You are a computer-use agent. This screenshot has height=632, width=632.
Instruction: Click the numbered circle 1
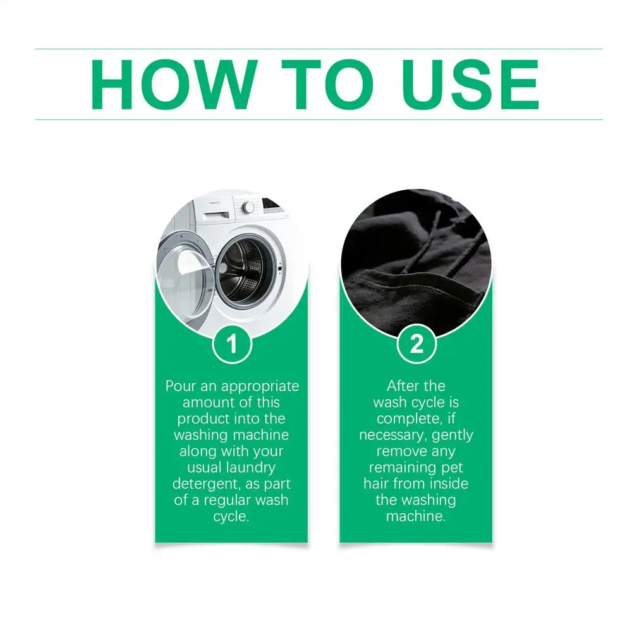pos(232,344)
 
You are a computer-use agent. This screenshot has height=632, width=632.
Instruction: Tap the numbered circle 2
pos(416,344)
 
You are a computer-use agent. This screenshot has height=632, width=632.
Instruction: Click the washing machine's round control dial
pos(248,207)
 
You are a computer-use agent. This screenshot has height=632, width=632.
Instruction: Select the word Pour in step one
pos(181,386)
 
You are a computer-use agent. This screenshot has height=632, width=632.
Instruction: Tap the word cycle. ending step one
pos(231,516)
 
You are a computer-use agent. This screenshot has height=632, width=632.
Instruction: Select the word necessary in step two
pos(392,435)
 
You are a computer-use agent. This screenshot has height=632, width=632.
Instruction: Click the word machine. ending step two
pos(416,516)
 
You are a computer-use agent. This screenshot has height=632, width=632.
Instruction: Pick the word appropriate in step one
pos(260,387)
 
